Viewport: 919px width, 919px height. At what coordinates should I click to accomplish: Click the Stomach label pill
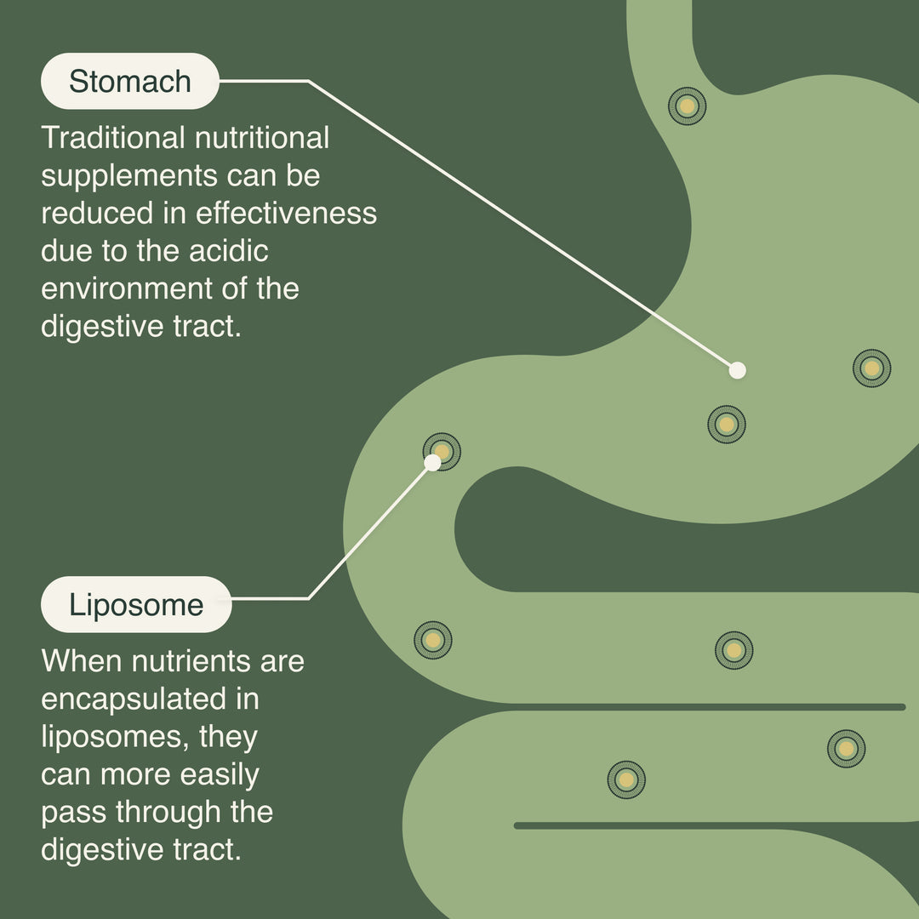point(129,82)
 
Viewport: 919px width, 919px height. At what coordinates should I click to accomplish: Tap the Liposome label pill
point(136,605)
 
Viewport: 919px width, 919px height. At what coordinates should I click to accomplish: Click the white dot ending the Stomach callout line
point(738,370)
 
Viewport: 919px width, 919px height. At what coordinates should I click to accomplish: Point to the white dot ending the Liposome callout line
point(433,462)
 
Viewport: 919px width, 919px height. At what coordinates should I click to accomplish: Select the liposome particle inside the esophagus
point(687,106)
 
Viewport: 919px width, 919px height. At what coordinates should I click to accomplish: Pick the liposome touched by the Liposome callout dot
point(442,451)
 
